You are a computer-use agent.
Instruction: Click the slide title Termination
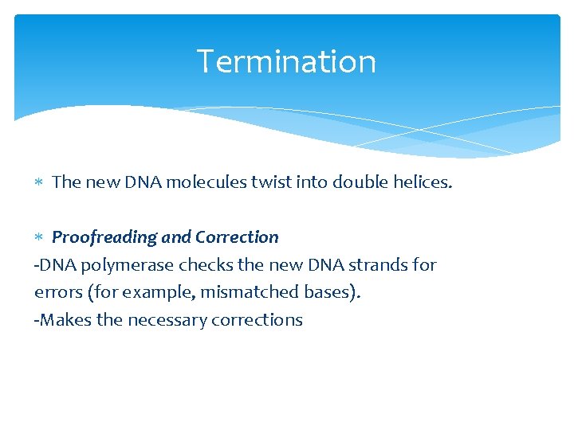286,61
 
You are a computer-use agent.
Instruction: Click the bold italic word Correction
237,237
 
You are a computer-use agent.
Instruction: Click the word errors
58,292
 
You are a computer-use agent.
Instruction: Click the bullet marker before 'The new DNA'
40,183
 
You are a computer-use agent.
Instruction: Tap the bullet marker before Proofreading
40,238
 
